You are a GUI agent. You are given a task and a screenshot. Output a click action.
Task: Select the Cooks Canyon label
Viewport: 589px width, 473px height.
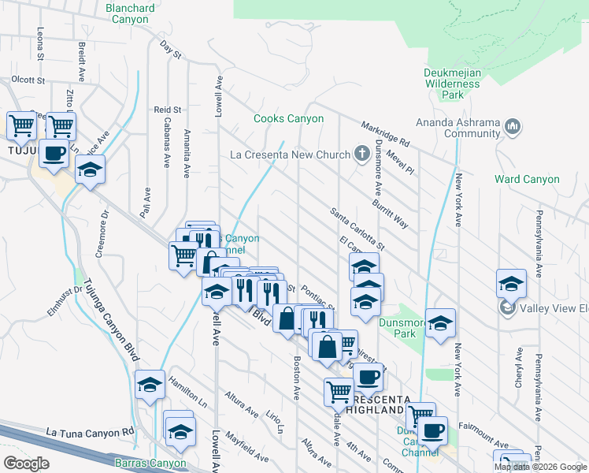[288, 119]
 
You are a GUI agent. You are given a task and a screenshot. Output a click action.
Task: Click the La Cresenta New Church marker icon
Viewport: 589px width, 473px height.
[361, 153]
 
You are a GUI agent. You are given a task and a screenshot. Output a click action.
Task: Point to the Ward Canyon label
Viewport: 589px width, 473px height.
[527, 179]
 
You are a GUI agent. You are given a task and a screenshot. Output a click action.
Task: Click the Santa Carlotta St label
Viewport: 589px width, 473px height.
[357, 229]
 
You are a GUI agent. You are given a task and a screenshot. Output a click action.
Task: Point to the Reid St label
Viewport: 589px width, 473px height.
[168, 110]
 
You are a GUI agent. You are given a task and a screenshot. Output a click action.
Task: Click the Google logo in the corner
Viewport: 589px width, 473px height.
[26, 463]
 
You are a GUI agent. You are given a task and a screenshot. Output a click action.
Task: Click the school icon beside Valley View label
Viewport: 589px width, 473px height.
[511, 283]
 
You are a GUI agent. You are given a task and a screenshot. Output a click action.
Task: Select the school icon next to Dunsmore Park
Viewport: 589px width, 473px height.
[441, 322]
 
